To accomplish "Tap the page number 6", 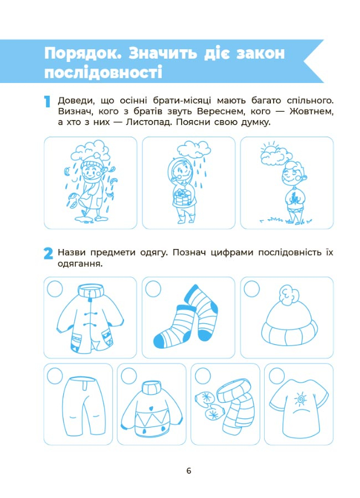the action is click(189, 471).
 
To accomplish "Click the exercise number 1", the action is click(48, 102).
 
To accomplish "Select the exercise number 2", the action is click(48, 254).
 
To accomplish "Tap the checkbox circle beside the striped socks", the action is click(153, 289).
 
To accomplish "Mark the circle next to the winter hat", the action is click(251, 289).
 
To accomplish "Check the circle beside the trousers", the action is click(55, 376).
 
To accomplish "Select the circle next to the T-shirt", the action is click(277, 376).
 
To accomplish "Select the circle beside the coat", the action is click(55, 289).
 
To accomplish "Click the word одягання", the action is click(80, 264).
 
